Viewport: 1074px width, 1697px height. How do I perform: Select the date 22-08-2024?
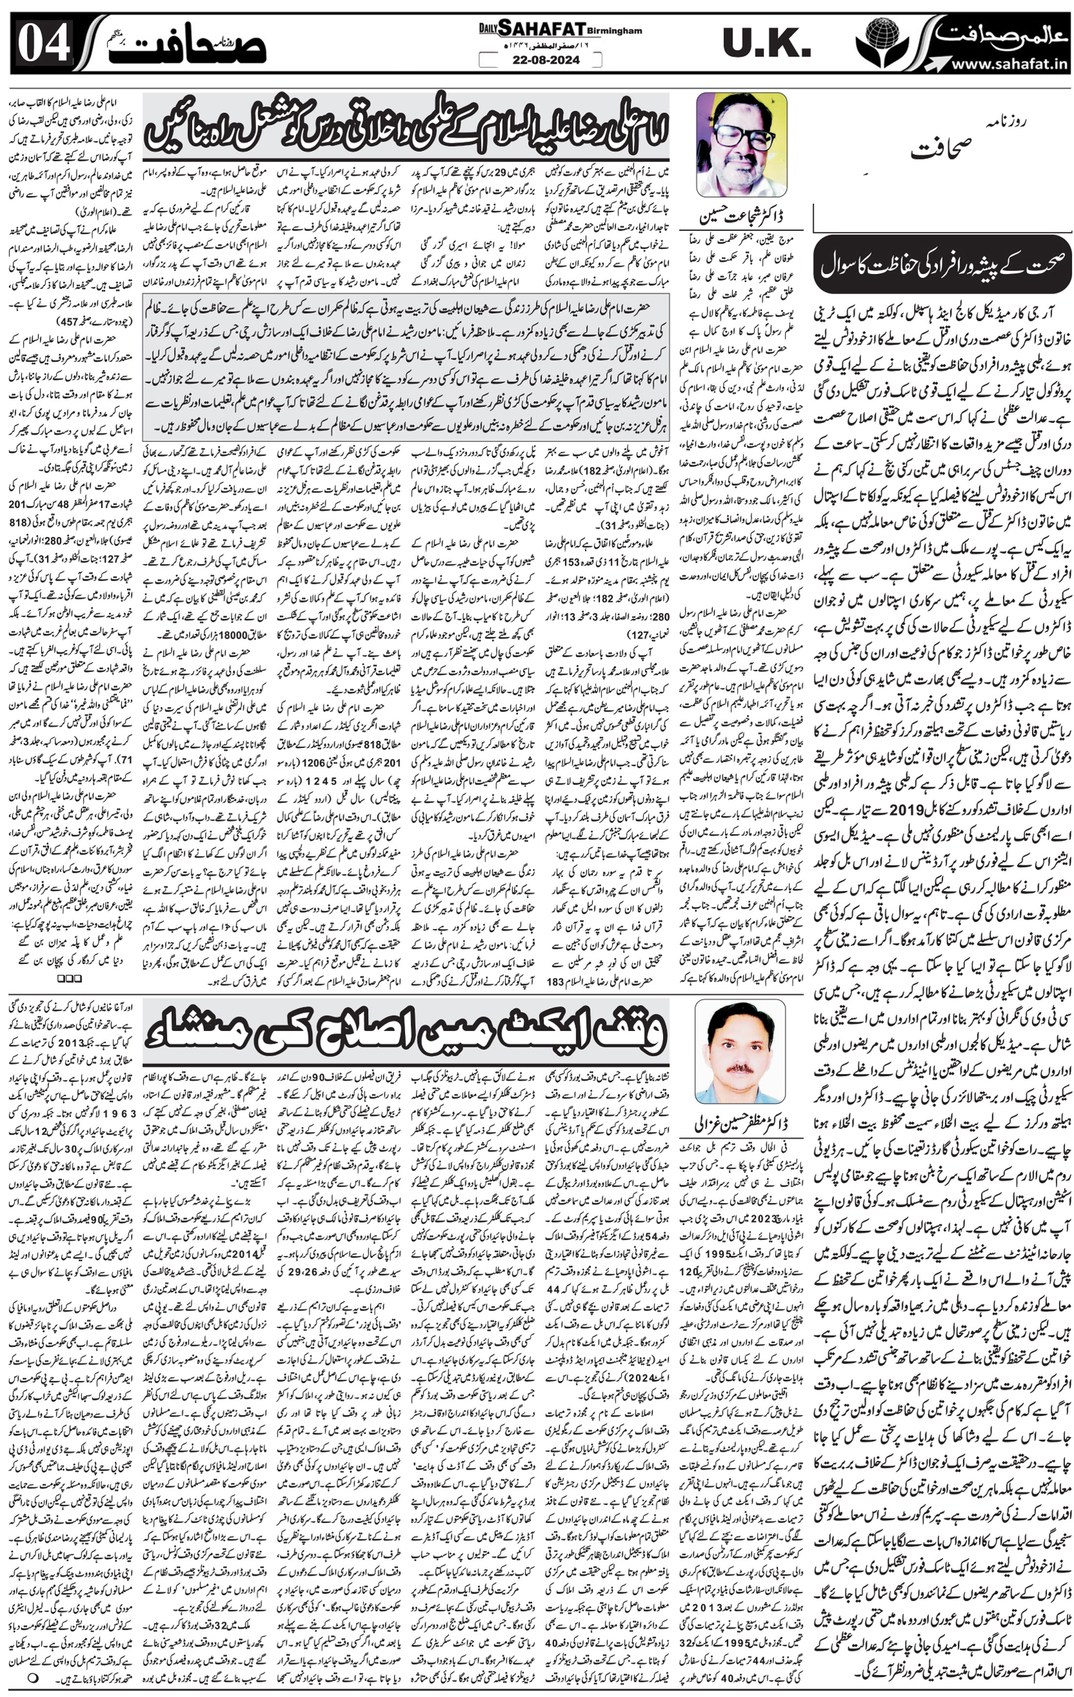point(541,60)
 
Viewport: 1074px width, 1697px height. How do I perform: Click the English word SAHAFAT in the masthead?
point(541,28)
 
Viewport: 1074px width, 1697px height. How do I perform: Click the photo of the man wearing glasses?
point(741,144)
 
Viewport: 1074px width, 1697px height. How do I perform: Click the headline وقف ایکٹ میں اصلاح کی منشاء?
point(406,1032)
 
